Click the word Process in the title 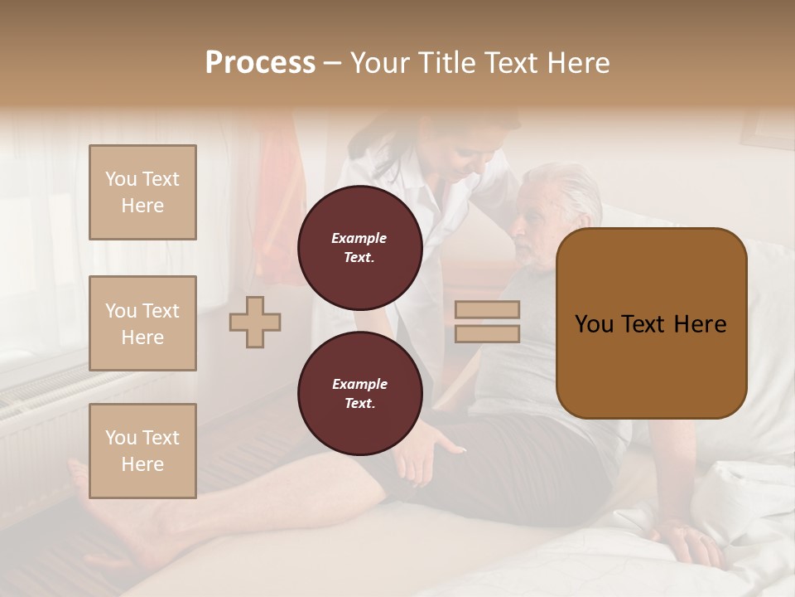(x=260, y=63)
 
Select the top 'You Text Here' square (x=142, y=192)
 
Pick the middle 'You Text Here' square (x=142, y=323)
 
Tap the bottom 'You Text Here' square (x=142, y=451)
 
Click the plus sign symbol (x=255, y=322)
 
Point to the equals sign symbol (x=487, y=322)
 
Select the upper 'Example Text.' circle (x=359, y=247)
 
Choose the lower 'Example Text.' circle (x=359, y=393)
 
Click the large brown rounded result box (x=651, y=323)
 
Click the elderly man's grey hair (x=571, y=187)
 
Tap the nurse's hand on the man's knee (x=431, y=452)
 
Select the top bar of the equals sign (x=487, y=310)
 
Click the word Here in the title (x=578, y=63)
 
